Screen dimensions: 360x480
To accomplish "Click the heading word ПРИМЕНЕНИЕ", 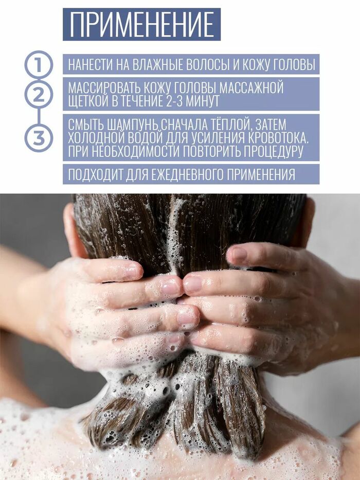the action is click(x=142, y=25).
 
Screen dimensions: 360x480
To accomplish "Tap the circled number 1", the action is click(x=39, y=65).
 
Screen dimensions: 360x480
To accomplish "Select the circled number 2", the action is click(x=39, y=96).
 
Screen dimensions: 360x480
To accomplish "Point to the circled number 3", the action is click(x=39, y=138).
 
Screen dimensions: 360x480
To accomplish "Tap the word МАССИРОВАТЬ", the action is click(x=111, y=88).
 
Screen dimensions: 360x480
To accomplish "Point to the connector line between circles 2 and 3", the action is click(x=39, y=117).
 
